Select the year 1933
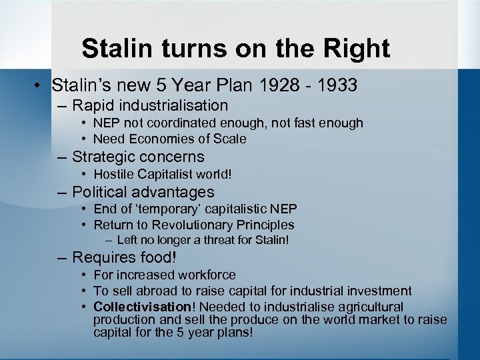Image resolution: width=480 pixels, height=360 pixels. (337, 85)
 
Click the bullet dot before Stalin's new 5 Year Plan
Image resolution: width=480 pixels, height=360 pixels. (41, 86)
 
